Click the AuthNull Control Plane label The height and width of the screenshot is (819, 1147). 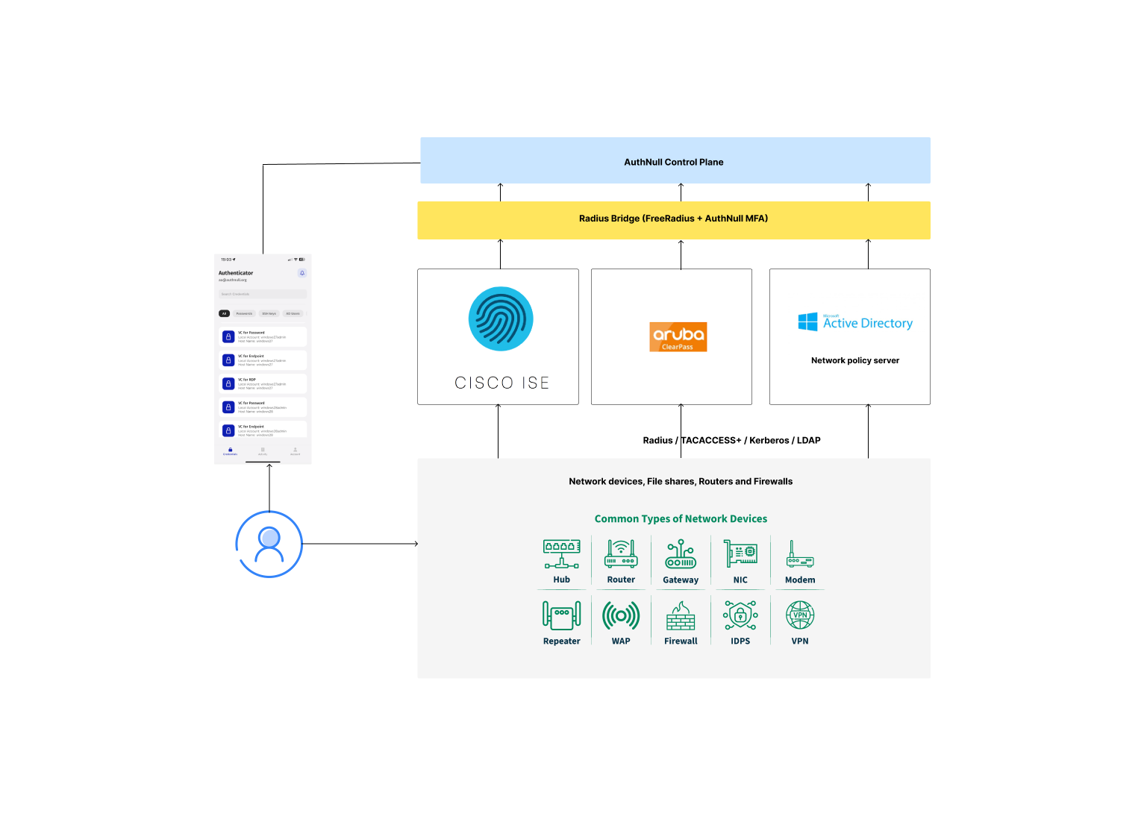click(x=673, y=162)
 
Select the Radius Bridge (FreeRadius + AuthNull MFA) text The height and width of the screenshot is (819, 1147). click(x=673, y=219)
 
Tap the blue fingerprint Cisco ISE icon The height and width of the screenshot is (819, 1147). click(x=501, y=318)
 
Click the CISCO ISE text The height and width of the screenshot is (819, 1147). click(x=501, y=383)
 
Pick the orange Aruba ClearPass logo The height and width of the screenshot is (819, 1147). click(x=678, y=336)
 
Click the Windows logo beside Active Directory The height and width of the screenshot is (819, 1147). click(x=807, y=322)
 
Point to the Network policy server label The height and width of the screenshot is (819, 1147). click(x=854, y=360)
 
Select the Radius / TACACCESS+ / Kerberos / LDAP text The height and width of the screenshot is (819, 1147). click(x=731, y=440)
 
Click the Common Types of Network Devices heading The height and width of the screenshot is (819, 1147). click(x=681, y=518)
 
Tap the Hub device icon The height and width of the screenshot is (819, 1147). click(x=561, y=553)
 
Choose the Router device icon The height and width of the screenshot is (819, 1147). click(x=621, y=553)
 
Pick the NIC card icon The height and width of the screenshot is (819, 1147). click(x=740, y=553)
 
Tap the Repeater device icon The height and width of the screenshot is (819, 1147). click(x=561, y=615)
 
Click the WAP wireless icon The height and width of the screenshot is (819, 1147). click(x=621, y=615)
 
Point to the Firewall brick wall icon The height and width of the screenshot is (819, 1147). click(x=681, y=616)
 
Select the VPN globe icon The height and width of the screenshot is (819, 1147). click(x=800, y=615)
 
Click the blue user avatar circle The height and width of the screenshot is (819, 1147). click(x=269, y=544)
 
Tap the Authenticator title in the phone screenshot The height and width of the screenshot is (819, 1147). click(x=236, y=273)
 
